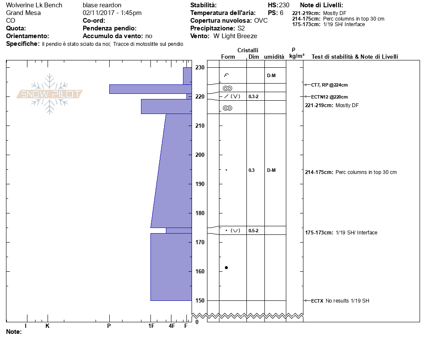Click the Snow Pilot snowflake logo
coord(49,94)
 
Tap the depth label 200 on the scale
coord(200,155)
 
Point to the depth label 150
coord(200,300)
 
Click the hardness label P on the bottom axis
coord(109,326)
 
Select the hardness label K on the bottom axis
coord(47,326)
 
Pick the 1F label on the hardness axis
coord(151,326)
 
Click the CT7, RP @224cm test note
coord(329,85)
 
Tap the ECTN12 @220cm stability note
coord(329,97)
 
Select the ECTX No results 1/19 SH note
coord(340,301)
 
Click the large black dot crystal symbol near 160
coord(226,267)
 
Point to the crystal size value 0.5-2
coord(253,231)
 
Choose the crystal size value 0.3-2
coord(253,96)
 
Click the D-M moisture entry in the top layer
coord(271,75)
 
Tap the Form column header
coord(228,57)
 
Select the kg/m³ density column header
coord(297,56)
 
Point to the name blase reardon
coord(102,5)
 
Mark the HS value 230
coord(284,5)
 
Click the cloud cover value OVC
coord(261,21)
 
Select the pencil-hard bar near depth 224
coord(150,89)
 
